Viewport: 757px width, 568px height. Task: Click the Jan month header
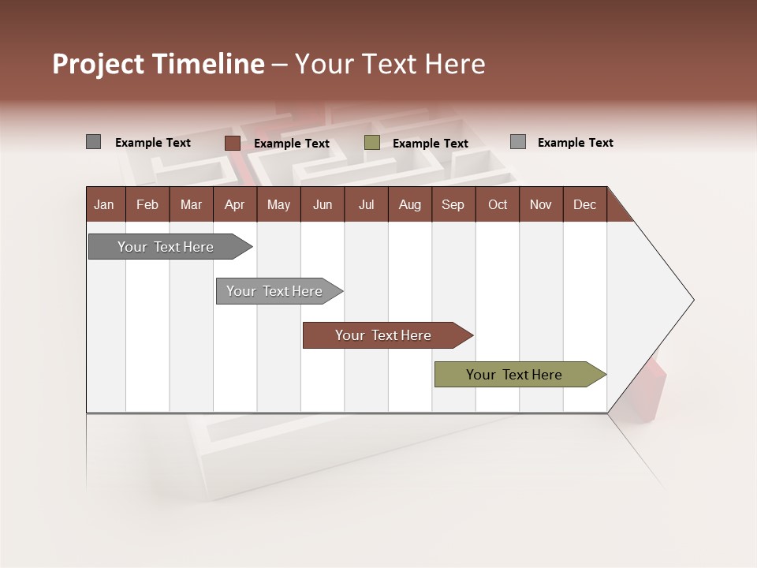105,204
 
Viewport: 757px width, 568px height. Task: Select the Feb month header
147,204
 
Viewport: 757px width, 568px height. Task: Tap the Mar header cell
191,204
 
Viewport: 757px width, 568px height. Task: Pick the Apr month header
234,204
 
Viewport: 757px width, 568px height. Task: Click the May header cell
278,204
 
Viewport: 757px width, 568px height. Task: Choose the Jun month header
323,204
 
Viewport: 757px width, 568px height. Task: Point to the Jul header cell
366,204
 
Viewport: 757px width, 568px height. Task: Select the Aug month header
409,204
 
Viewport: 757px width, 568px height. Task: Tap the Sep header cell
453,204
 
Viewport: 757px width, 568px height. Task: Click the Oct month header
498,204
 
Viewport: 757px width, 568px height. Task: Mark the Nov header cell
541,204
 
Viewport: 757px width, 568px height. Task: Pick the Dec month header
584,204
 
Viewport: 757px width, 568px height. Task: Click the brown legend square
232,143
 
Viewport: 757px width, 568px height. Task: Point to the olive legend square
372,143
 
